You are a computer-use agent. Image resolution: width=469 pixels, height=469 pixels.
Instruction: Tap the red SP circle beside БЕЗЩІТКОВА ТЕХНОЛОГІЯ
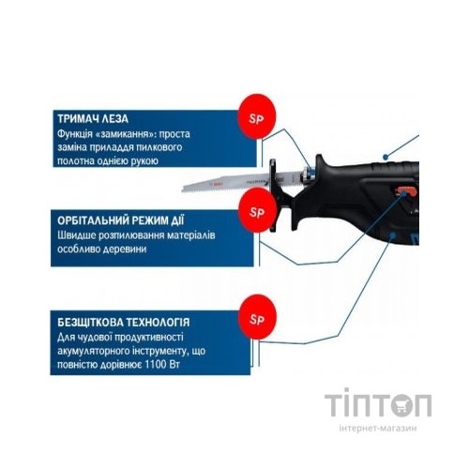point(253,316)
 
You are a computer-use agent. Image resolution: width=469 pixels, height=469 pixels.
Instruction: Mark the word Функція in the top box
point(78,134)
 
